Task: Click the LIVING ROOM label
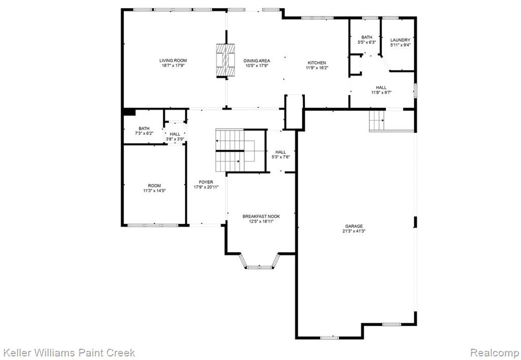tap(173, 61)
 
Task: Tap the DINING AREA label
tap(256, 61)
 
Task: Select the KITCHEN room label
tap(317, 63)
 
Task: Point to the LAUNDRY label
tap(400, 40)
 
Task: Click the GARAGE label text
tap(354, 227)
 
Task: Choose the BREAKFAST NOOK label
tap(261, 216)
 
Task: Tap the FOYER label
tap(206, 182)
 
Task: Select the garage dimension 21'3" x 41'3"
tap(354, 231)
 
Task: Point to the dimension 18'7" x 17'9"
tap(173, 66)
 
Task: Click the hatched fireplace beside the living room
tap(225, 60)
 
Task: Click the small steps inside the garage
tap(377, 120)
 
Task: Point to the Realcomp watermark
tap(494, 353)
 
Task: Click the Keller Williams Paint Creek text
tap(69, 352)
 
